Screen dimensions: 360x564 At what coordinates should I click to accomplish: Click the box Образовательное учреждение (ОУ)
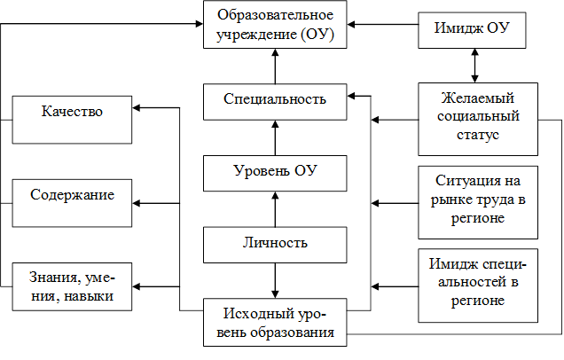(x=275, y=27)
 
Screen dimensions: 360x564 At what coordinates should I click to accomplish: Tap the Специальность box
(x=275, y=100)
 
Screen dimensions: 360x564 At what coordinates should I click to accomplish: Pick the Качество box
(x=71, y=112)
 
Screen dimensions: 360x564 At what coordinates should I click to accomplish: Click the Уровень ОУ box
(x=275, y=172)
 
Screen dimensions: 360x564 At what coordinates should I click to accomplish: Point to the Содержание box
(x=71, y=194)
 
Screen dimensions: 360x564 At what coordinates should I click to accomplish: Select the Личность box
(x=275, y=243)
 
